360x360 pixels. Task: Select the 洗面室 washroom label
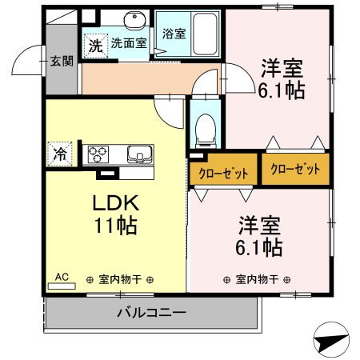[128, 43]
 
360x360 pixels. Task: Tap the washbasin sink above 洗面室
[135, 20]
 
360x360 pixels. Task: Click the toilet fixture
[206, 129]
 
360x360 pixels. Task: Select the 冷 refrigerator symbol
[59, 153]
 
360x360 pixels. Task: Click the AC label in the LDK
[61, 278]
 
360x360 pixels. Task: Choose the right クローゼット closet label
[295, 169]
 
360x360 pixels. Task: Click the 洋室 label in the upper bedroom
[281, 67]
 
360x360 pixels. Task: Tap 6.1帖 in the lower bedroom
[258, 246]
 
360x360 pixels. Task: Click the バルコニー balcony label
[152, 312]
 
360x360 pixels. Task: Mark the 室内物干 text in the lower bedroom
[257, 279]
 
